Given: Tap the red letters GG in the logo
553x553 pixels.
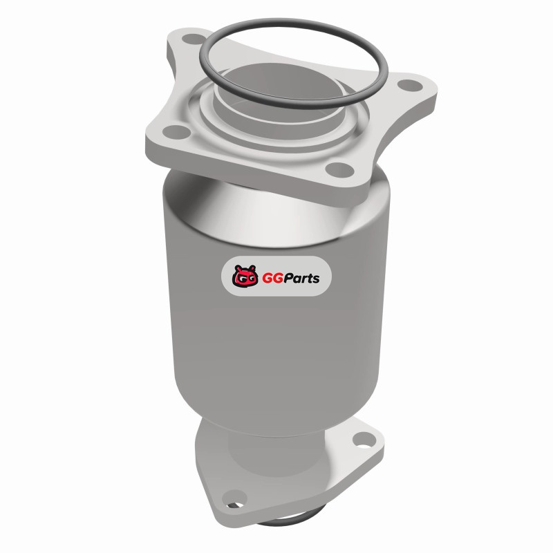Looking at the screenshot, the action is click(270, 279).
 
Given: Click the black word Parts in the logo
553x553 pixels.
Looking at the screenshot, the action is click(300, 278).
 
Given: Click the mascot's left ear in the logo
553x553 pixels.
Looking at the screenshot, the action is click(237, 268).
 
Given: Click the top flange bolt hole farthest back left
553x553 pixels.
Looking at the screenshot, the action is click(194, 39).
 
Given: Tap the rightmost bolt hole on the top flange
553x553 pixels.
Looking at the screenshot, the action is click(410, 85).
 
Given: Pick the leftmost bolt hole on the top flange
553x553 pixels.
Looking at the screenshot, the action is click(176, 132).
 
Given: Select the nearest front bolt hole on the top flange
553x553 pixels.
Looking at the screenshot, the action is click(339, 169).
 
